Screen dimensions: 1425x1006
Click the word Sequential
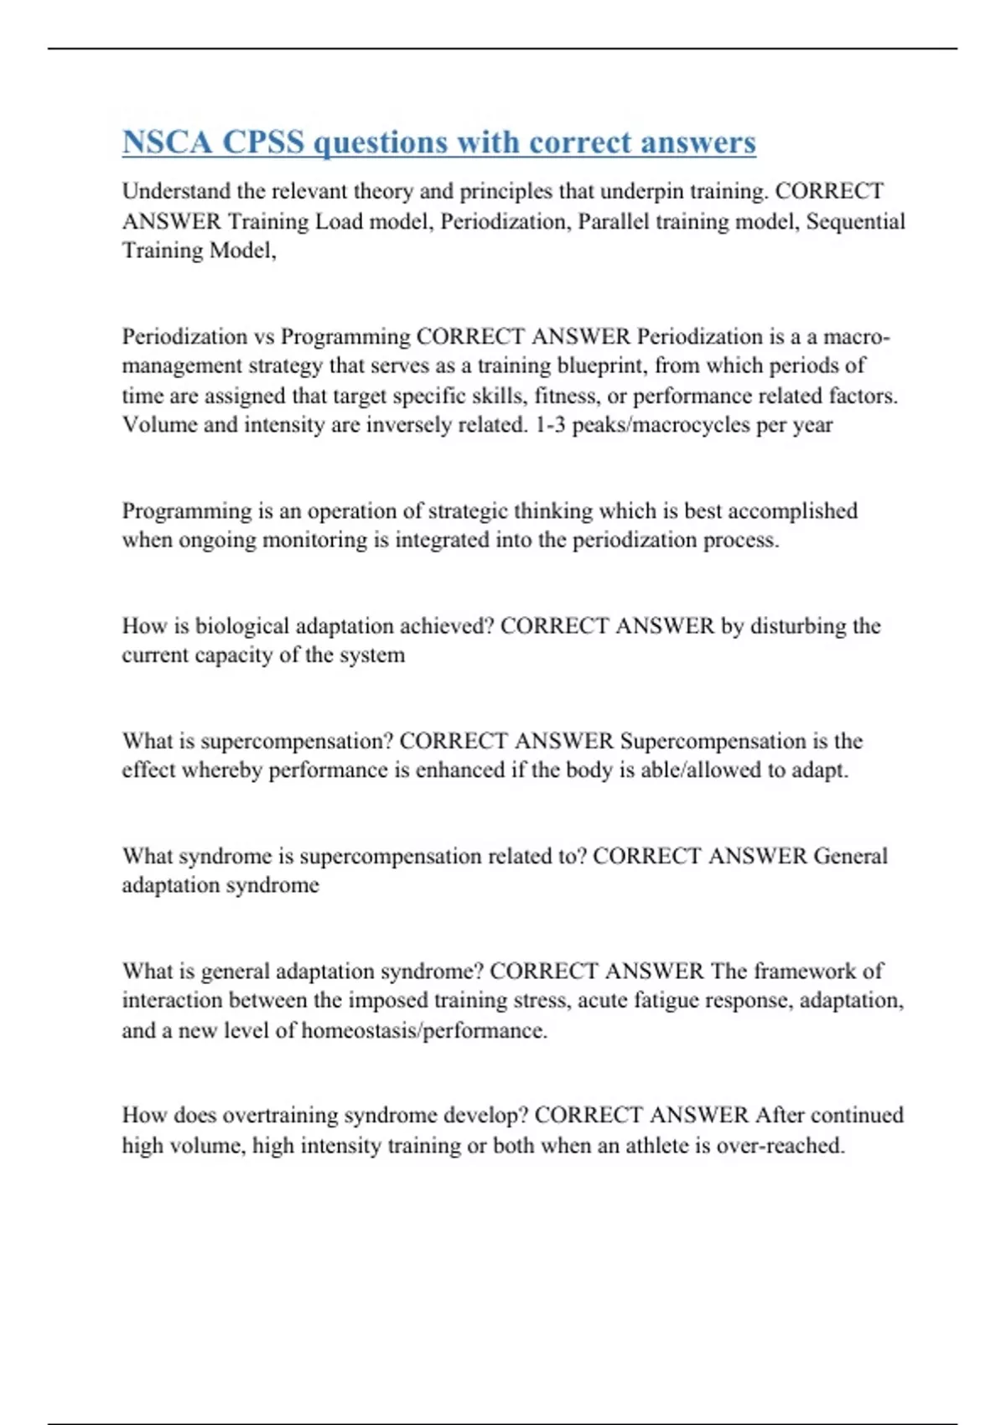855,221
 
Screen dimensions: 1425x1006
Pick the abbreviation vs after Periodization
263,336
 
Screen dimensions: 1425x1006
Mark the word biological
242,626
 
